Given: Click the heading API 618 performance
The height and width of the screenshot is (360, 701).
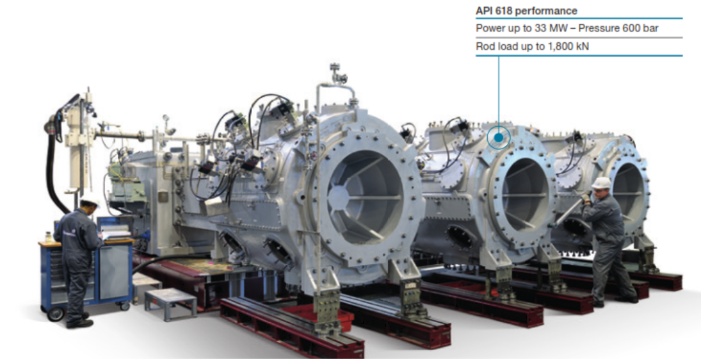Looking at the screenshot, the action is (526, 11).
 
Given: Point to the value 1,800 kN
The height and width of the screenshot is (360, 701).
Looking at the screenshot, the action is (567, 47).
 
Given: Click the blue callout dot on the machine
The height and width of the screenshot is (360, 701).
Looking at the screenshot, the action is (499, 138).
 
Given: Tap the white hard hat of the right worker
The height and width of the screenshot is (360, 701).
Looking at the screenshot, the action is (601, 183).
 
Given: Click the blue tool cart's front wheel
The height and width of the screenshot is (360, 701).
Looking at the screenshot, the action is (56, 314).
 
